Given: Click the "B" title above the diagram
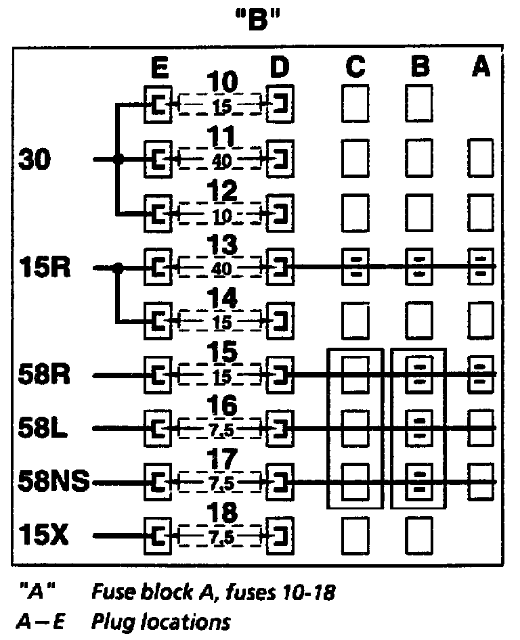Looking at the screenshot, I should coord(260,21).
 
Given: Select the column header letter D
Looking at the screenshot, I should coord(279,68).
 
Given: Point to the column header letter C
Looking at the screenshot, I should coord(355,68).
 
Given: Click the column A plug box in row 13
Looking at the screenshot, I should coord(480,267).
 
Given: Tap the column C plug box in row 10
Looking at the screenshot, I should coord(355,103).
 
